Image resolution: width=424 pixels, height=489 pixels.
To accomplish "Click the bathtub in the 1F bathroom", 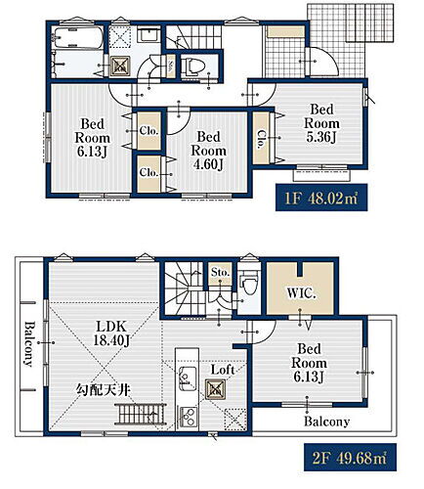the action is [x=78, y=37].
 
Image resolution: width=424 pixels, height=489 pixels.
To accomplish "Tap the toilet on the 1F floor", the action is [x=194, y=67].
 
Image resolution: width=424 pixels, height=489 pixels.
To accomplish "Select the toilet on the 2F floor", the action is [x=249, y=284].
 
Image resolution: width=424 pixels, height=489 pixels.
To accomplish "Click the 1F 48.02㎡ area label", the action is [x=321, y=198].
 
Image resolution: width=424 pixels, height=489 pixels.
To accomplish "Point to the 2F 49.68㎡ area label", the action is [x=350, y=458].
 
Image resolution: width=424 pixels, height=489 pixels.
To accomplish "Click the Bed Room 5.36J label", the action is [x=321, y=123].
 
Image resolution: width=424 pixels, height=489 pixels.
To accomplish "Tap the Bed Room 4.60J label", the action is [x=208, y=151].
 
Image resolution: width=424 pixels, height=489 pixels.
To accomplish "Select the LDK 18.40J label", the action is [x=111, y=333].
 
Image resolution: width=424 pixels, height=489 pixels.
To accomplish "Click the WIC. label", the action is [x=301, y=293].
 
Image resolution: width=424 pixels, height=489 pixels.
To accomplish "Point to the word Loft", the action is [x=223, y=370].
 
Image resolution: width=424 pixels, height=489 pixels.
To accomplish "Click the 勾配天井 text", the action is [x=104, y=390].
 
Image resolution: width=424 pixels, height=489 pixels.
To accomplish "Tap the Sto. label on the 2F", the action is [x=220, y=272].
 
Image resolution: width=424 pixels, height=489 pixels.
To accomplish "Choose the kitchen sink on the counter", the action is [x=187, y=378].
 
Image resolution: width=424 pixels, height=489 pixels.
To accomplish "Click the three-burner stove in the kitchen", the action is [x=188, y=417].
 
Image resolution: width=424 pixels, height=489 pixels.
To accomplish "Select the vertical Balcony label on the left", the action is [x=29, y=344].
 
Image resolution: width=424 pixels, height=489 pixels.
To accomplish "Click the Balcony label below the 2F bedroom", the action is [x=326, y=422].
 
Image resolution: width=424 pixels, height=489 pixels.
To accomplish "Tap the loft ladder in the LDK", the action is [x=141, y=415].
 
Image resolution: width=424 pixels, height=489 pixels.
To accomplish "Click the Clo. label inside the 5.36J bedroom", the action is [x=261, y=139].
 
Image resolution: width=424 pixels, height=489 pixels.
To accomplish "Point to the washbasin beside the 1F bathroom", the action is [x=149, y=34].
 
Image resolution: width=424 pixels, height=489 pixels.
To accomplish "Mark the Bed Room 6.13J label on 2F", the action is [x=309, y=363].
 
